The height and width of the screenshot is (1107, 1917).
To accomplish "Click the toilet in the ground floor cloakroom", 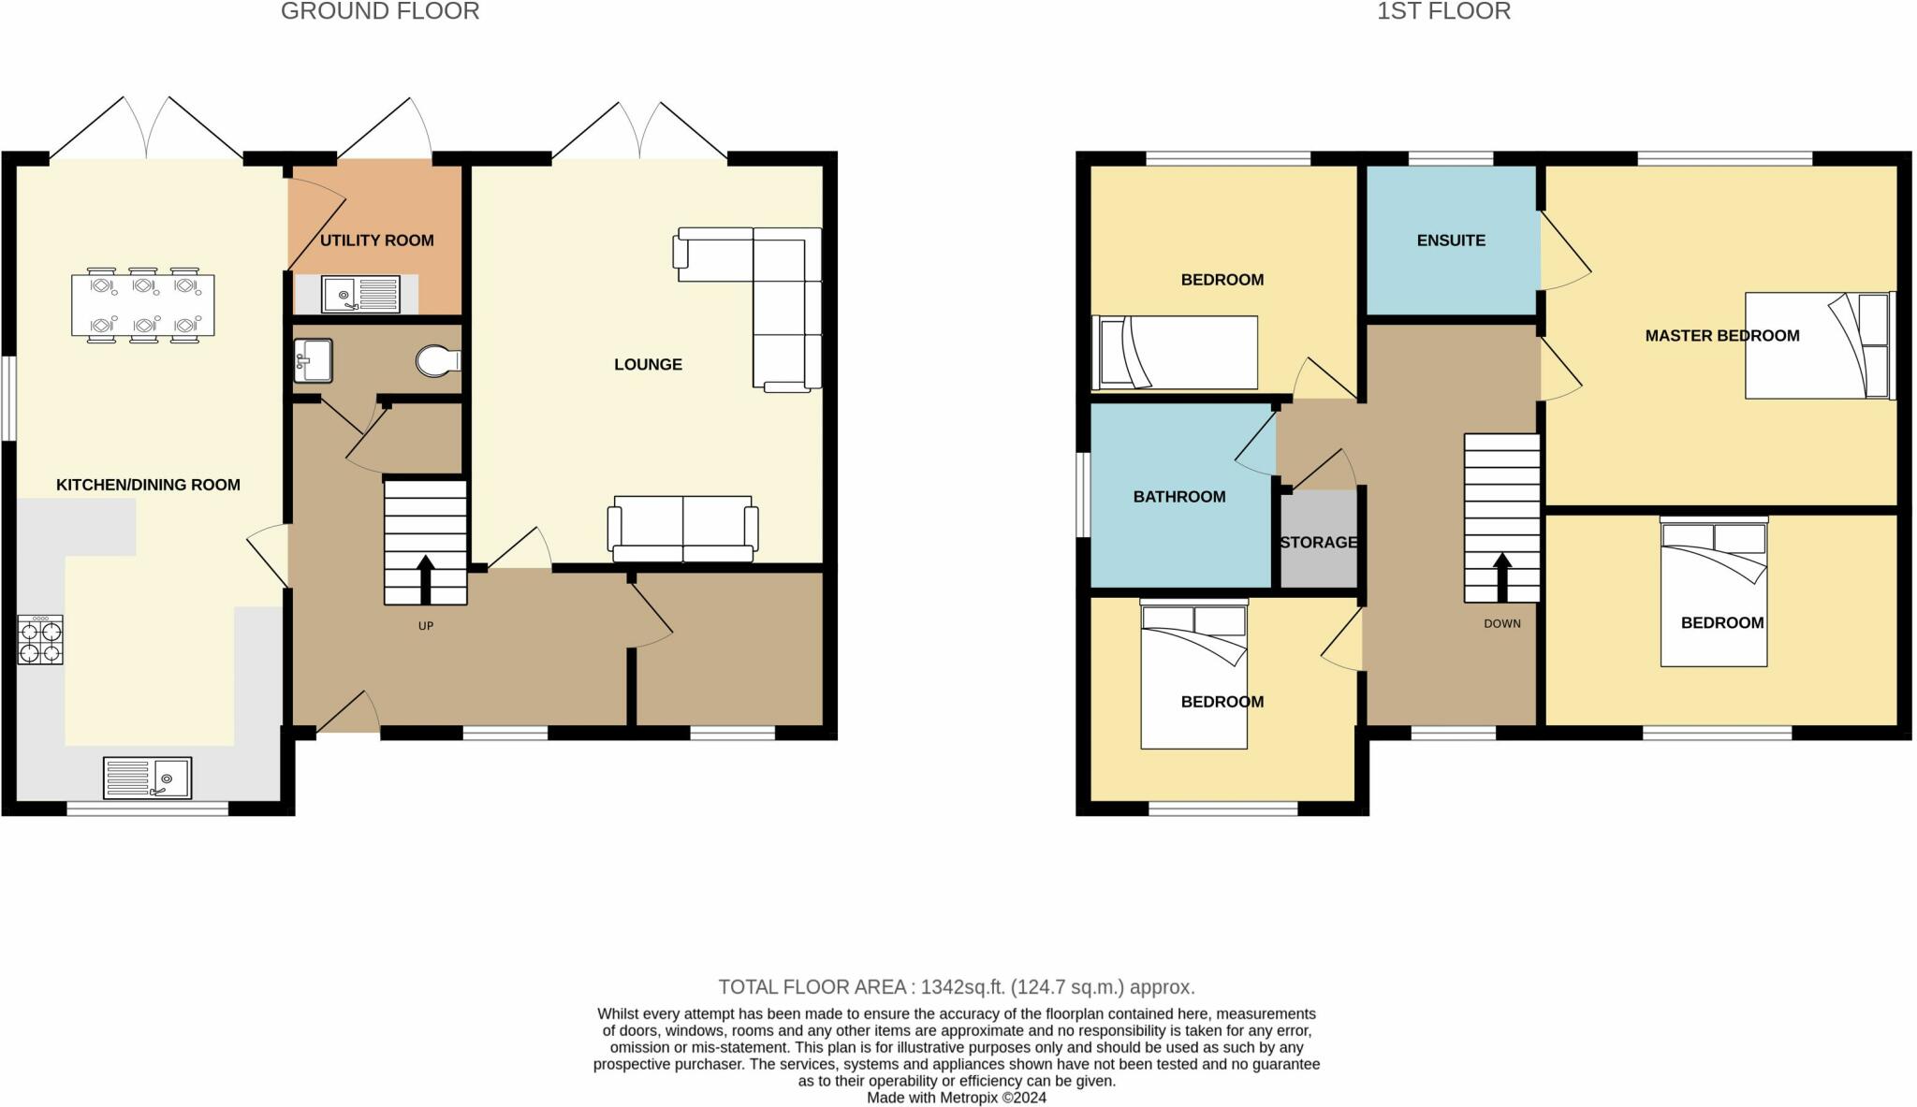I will pyautogui.click(x=437, y=360).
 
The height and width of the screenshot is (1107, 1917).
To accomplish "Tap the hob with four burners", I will pyautogui.click(x=40, y=640).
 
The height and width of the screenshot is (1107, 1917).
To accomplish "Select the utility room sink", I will pyautogui.click(x=360, y=294).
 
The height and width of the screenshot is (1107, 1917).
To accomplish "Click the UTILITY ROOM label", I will pyautogui.click(x=376, y=240).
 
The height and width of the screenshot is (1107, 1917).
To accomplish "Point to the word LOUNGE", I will pyautogui.click(x=648, y=365).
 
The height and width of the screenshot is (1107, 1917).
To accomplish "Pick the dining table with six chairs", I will pyautogui.click(x=142, y=305).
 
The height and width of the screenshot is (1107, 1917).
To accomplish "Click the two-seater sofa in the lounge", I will pyautogui.click(x=683, y=530).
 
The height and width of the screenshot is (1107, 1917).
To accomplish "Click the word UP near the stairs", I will pyautogui.click(x=426, y=626).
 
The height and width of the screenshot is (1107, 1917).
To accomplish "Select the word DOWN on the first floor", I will pyautogui.click(x=1502, y=624).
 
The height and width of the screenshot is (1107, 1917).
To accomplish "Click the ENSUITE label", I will pyautogui.click(x=1451, y=240).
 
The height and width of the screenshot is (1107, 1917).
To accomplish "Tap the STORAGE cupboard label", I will pyautogui.click(x=1318, y=543).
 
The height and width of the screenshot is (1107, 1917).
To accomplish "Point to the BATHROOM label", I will pyautogui.click(x=1179, y=497).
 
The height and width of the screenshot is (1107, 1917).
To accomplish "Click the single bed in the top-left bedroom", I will pyautogui.click(x=1175, y=353).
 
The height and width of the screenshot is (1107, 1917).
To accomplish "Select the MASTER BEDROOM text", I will pyautogui.click(x=1722, y=336).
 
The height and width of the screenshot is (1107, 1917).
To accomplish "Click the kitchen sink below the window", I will pyautogui.click(x=147, y=779).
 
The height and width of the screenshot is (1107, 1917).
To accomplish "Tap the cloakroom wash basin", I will pyautogui.click(x=313, y=360).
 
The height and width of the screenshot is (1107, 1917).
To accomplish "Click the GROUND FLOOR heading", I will pyautogui.click(x=380, y=12).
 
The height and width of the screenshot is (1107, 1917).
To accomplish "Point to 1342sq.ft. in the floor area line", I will pyautogui.click(x=962, y=987).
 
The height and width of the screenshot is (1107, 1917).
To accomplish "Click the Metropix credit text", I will pyautogui.click(x=957, y=1099).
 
